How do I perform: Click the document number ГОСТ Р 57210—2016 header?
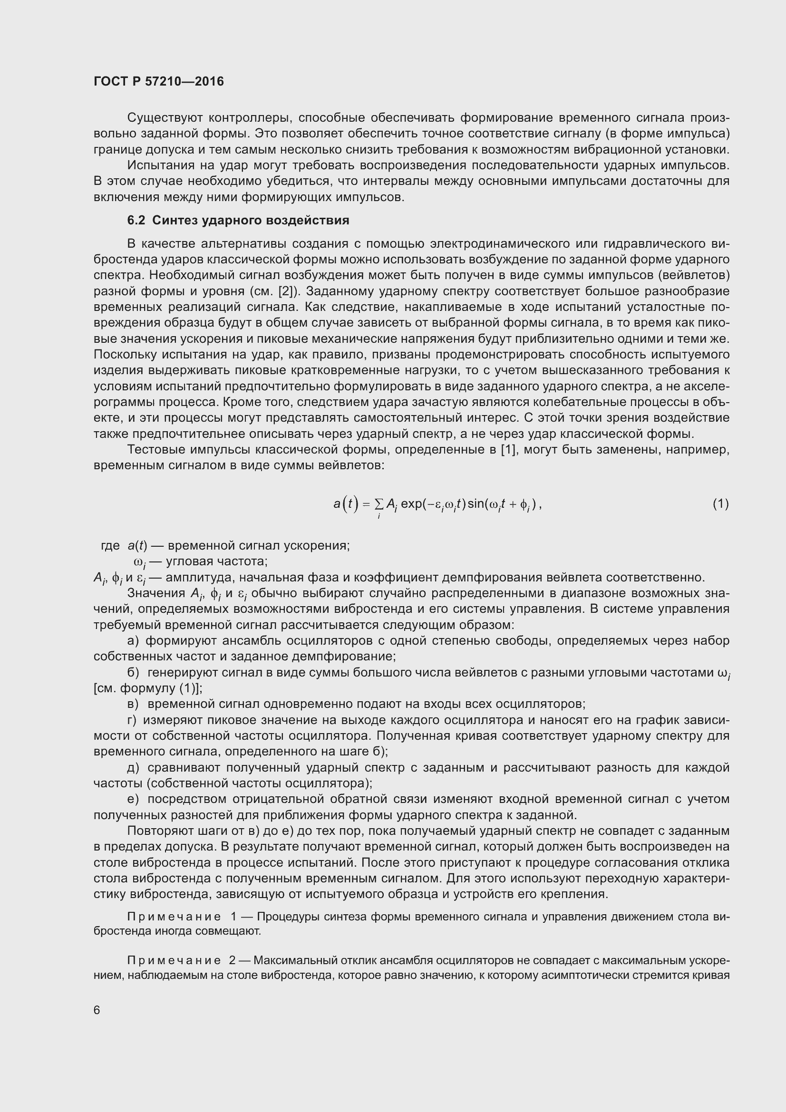158,81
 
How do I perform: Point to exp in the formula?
411,504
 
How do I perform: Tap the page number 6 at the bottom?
97,1010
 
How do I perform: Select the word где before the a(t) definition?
110,546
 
